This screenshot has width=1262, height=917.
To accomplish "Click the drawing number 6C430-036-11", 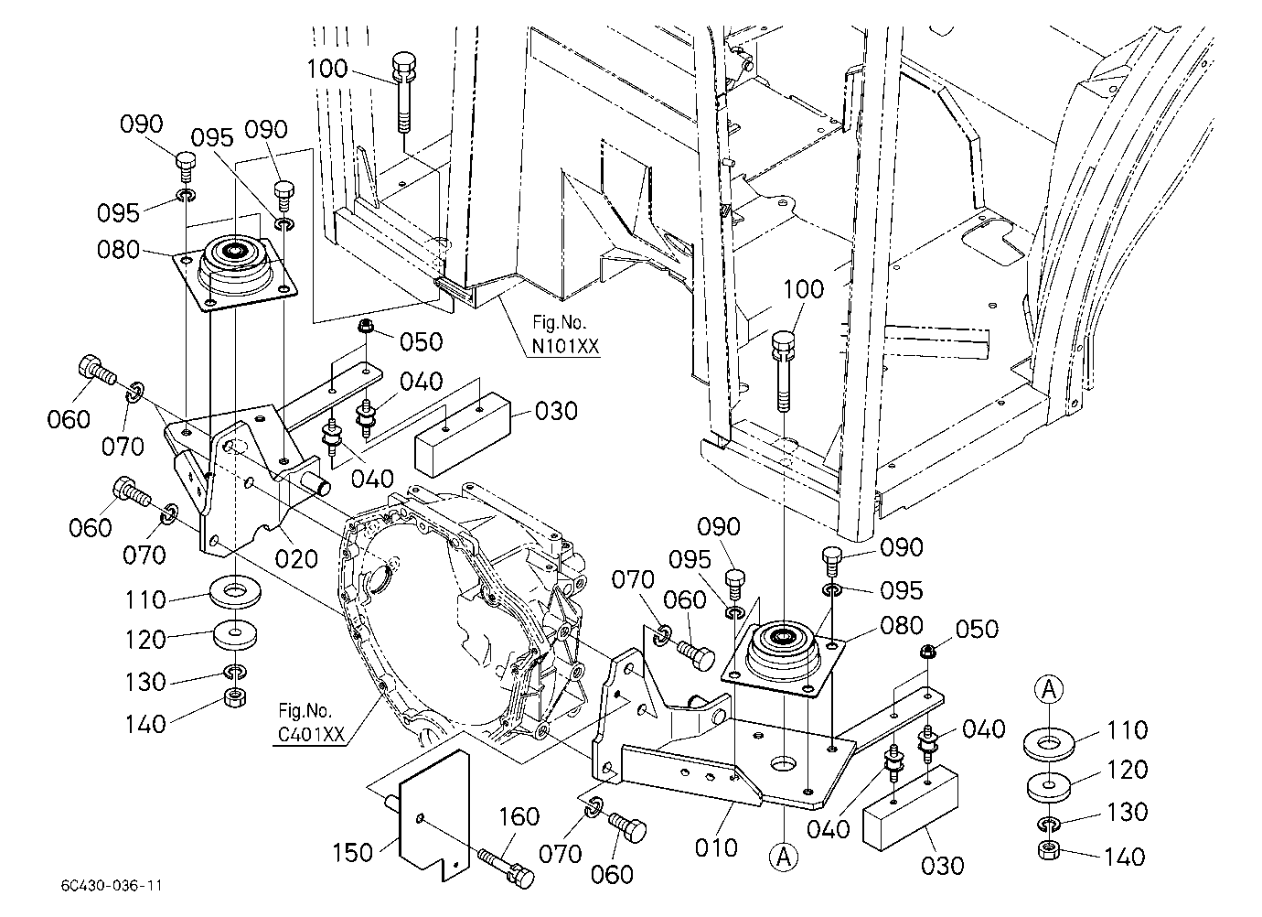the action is pyautogui.click(x=112, y=886).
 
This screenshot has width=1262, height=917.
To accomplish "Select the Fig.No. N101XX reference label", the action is pyautogui.click(x=565, y=334).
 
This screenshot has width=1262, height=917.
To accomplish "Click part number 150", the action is pyautogui.click(x=353, y=853).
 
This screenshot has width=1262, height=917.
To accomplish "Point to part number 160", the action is pyautogui.click(x=519, y=816).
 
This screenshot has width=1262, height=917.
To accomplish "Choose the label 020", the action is pyautogui.click(x=296, y=559).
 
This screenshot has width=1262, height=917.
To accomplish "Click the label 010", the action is pyautogui.click(x=716, y=847).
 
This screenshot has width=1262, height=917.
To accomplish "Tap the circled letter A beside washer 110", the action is pyautogui.click(x=1049, y=689).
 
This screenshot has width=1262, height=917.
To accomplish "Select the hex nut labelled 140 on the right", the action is pyautogui.click(x=1049, y=850).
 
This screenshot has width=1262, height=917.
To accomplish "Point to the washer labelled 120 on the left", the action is pyautogui.click(x=236, y=634).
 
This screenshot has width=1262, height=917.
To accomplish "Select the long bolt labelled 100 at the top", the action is pyautogui.click(x=403, y=93).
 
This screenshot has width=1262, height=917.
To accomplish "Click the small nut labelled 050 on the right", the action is pyautogui.click(x=927, y=653).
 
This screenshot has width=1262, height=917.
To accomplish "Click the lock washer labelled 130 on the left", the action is pyautogui.click(x=236, y=672).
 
